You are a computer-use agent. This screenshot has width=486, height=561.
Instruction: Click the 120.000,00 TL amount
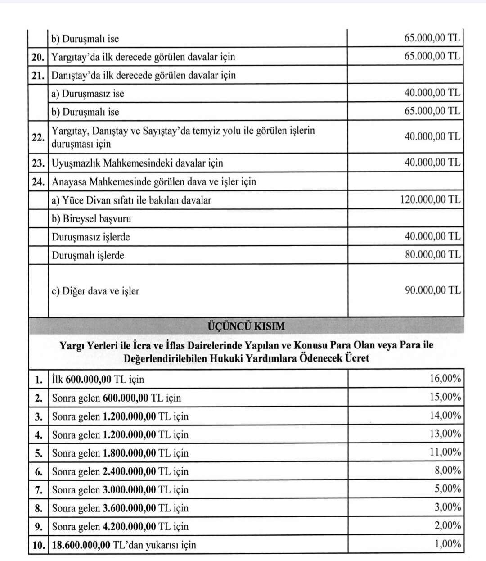tap(430, 199)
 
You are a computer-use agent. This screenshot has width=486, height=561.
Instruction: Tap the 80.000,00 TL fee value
tap(432, 255)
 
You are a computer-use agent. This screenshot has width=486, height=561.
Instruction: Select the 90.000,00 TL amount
tap(432, 290)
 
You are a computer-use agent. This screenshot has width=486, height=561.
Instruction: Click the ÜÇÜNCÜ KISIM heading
tap(246, 326)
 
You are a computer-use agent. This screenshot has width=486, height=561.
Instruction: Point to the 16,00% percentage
tap(445, 378)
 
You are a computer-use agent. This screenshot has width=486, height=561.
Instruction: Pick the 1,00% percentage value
tap(447, 544)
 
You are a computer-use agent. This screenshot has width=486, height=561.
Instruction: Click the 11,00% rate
tap(445, 452)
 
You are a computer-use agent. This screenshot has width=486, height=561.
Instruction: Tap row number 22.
tap(38, 137)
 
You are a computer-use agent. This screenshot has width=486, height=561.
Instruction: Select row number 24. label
tap(38, 182)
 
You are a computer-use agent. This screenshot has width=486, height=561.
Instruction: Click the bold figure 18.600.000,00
tap(81, 545)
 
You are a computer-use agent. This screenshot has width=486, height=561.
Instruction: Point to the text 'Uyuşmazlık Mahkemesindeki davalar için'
tap(137, 163)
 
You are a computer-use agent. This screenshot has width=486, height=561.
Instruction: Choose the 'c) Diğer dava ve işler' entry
tap(95, 291)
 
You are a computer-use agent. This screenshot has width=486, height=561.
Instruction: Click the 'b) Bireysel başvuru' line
tap(91, 219)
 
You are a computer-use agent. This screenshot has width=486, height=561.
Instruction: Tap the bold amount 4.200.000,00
tap(129, 527)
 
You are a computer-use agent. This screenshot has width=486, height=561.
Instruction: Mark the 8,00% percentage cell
tap(447, 471)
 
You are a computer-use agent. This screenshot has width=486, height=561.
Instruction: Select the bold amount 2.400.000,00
tap(129, 471)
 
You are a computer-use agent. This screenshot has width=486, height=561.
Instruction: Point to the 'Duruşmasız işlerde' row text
tap(91, 237)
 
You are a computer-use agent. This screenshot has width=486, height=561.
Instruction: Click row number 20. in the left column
tap(38, 57)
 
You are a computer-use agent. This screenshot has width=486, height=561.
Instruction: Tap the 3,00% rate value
tap(447, 507)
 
